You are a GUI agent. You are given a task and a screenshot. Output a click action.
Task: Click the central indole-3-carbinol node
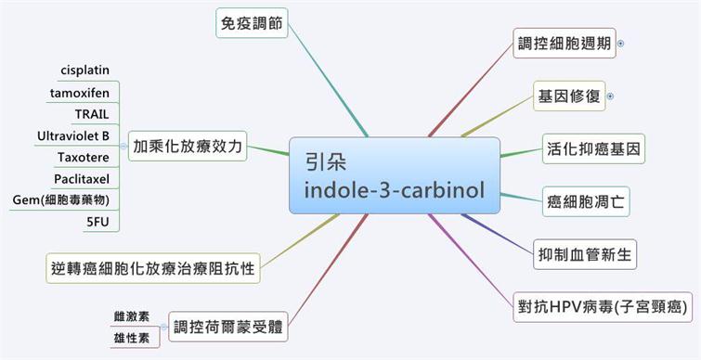(395, 175)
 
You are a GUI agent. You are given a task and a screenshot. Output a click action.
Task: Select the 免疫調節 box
(252, 23)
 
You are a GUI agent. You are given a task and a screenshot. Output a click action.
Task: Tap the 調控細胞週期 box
(565, 44)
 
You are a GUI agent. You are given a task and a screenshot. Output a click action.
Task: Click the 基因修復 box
(569, 96)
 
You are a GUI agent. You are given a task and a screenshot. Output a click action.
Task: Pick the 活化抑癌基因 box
(593, 148)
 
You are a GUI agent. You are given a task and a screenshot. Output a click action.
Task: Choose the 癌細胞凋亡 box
(586, 202)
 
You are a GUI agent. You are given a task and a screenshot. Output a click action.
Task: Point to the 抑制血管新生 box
(585, 254)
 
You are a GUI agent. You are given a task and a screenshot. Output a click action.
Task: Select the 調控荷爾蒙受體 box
(228, 327)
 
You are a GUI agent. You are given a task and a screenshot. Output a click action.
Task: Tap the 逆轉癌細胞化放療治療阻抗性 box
(153, 268)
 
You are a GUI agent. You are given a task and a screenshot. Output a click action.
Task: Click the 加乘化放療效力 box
(188, 146)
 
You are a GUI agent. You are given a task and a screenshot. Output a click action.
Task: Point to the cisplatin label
(84, 71)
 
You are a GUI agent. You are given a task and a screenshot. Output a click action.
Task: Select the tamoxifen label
(80, 93)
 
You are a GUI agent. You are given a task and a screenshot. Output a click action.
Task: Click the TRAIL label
(92, 114)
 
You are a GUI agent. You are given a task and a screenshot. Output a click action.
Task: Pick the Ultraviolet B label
(73, 135)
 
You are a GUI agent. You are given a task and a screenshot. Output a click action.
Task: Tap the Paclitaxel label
(82, 179)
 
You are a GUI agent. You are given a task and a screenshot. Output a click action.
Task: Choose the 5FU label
(97, 222)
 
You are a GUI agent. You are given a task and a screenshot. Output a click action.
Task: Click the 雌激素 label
(132, 316)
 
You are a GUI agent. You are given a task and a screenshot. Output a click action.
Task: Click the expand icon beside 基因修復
(611, 96)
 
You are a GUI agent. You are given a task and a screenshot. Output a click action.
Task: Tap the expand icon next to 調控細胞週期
(620, 44)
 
